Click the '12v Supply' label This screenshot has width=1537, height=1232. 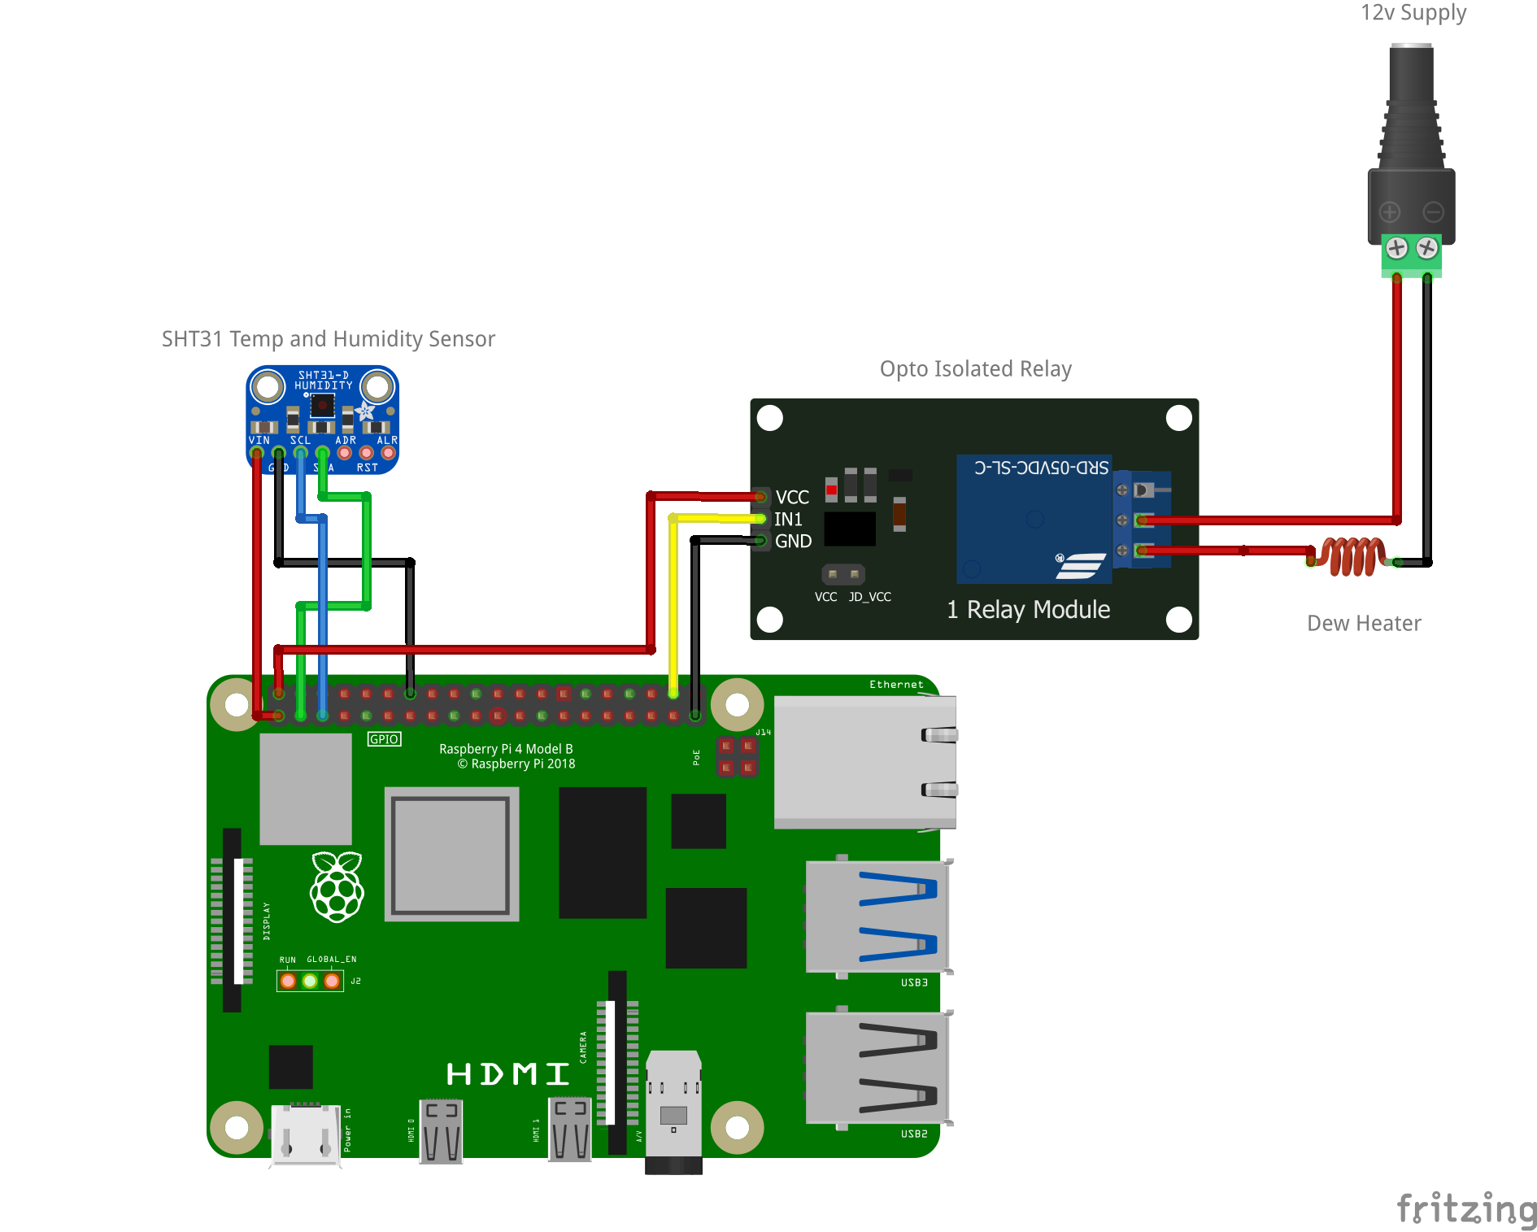(1413, 13)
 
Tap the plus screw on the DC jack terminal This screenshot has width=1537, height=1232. (1396, 248)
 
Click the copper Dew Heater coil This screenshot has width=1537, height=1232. (1352, 556)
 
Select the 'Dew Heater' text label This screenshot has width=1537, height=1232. (1364, 623)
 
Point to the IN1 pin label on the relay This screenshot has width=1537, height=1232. (788, 519)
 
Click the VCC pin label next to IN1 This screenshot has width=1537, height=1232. (792, 497)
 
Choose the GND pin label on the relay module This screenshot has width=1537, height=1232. (793, 541)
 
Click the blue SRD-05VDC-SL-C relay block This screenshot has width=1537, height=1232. (1034, 520)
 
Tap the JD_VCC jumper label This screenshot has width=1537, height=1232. (869, 597)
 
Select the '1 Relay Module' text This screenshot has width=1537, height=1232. (1028, 609)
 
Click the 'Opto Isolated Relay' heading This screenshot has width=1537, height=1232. (975, 369)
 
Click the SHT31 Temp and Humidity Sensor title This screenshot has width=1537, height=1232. (328, 339)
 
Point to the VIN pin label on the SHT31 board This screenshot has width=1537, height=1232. (259, 440)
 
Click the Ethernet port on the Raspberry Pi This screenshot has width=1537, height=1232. (864, 762)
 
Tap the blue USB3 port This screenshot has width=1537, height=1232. (877, 916)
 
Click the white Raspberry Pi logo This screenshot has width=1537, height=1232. (337, 887)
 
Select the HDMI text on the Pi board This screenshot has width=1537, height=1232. (507, 1074)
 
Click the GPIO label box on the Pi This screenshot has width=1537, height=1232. (384, 739)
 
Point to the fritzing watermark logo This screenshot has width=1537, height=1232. (1465, 1208)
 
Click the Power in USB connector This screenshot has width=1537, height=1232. (305, 1134)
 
